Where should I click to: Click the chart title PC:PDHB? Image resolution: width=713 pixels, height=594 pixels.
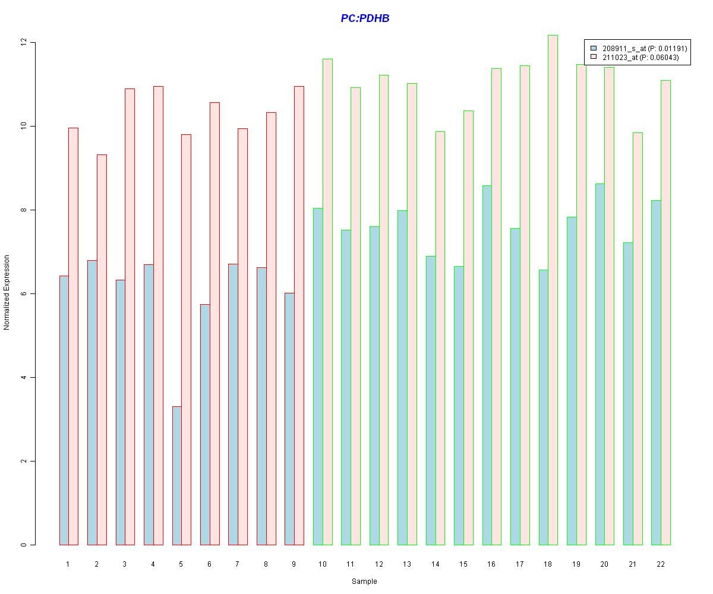tap(365, 18)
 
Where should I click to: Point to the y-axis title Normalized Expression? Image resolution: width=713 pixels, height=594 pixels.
tap(7, 292)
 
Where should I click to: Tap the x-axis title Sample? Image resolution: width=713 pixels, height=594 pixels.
tap(364, 582)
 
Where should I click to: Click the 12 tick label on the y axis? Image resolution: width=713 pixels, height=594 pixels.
tap(24, 43)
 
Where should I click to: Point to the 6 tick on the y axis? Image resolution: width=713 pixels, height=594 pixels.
tap(24, 294)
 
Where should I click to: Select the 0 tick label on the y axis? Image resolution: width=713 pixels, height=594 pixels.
tap(24, 545)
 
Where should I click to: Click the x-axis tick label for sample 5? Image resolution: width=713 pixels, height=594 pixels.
tap(181, 564)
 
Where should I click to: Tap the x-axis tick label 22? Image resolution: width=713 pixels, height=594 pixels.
tap(661, 564)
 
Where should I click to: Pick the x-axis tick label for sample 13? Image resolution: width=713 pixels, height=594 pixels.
tap(407, 564)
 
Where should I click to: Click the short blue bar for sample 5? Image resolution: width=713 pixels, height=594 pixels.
tap(177, 475)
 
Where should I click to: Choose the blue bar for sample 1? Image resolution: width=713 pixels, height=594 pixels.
tap(64, 410)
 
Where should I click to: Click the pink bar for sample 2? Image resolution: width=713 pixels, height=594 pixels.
tap(102, 350)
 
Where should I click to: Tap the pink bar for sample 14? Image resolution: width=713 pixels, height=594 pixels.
tap(440, 339)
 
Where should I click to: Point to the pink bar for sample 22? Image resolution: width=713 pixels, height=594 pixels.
tap(665, 312)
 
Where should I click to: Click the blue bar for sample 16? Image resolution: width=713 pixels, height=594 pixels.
tap(487, 365)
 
